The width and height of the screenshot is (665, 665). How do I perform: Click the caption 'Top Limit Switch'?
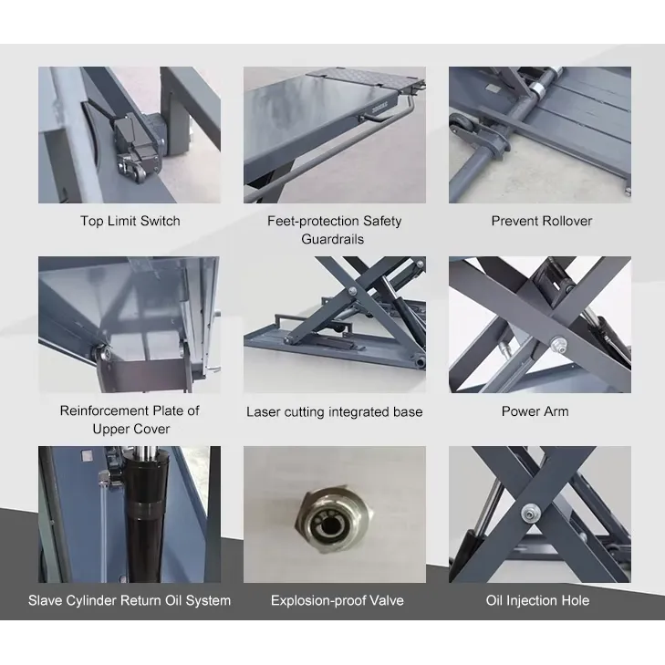[130, 221]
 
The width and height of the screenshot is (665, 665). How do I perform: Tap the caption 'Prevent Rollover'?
[542, 221]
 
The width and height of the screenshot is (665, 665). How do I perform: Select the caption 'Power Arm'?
[535, 411]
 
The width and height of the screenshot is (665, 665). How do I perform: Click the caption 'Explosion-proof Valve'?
[338, 600]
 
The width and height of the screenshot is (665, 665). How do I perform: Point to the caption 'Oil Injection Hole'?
[537, 600]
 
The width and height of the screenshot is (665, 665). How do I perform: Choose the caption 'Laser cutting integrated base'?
[334, 411]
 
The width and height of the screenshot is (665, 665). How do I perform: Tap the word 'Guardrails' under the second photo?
[332, 239]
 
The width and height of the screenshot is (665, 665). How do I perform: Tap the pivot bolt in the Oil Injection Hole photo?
[528, 514]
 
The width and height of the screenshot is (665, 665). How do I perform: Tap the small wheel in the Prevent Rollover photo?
[459, 125]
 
